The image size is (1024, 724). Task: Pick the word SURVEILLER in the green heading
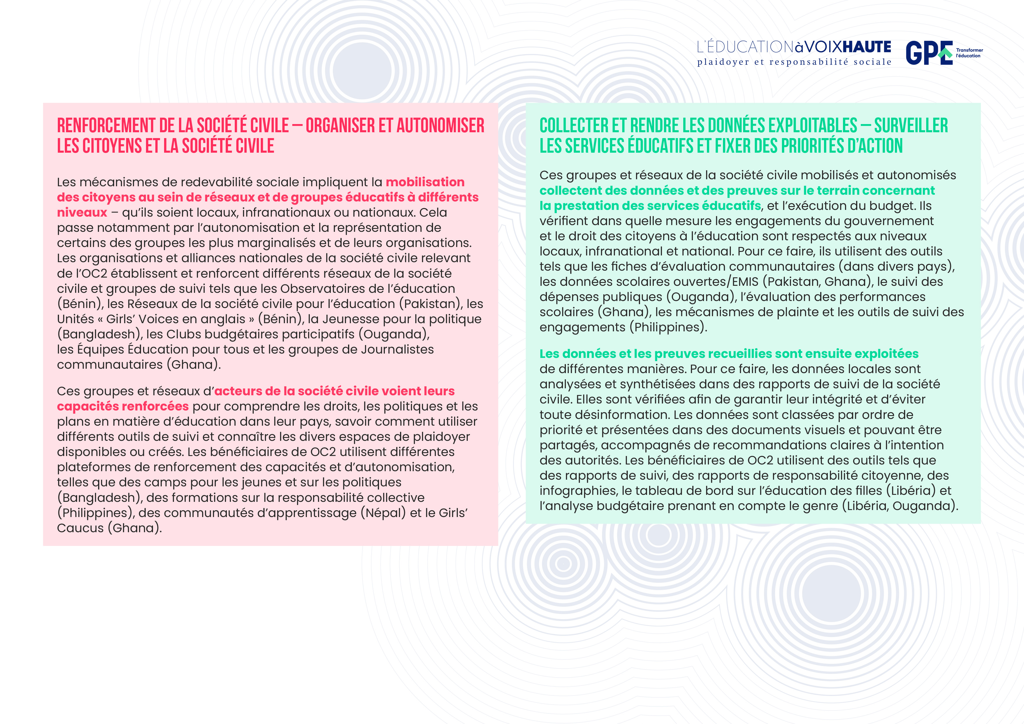(911, 126)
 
